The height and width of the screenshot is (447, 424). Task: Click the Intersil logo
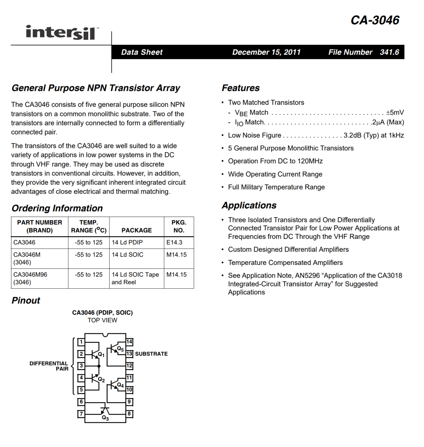coord(62,33)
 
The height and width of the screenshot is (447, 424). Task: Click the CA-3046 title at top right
coord(375,20)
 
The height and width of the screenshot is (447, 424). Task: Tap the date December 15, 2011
coord(266,52)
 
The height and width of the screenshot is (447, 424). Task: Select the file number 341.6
coord(389,52)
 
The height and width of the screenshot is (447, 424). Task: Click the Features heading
coord(241,88)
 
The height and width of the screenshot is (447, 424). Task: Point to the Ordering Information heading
coord(57,208)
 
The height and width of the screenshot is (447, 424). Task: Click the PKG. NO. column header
coord(179,226)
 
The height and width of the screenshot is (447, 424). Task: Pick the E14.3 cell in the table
coord(174,242)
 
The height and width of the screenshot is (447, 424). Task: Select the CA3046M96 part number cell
coord(30,275)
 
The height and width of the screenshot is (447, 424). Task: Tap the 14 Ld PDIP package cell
coord(127,242)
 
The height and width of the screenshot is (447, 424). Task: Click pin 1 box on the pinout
coord(81,342)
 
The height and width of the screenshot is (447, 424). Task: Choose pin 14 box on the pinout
coord(129,342)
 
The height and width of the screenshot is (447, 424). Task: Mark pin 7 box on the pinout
coord(81,414)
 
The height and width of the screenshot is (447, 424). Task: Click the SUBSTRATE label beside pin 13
coord(151,354)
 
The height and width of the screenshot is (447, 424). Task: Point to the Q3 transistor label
coord(105,418)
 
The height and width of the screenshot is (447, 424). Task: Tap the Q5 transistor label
coord(120,349)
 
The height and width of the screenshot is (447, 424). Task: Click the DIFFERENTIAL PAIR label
coord(49,366)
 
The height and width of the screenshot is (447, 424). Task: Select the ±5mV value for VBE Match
coord(395,112)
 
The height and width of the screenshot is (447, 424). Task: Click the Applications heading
coord(249,205)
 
